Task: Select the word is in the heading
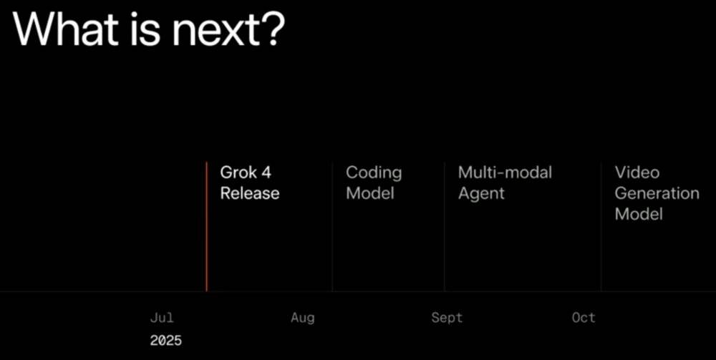[x=150, y=29]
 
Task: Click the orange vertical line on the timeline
[x=206, y=226]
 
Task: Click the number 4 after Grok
[x=266, y=172]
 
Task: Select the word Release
[x=250, y=193]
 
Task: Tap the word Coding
[x=374, y=173]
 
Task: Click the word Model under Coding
[x=370, y=193]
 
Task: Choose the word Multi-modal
[x=505, y=172]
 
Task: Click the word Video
[x=637, y=172]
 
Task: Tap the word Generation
[x=657, y=193]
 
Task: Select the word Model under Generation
[x=639, y=214]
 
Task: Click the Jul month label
[x=162, y=318]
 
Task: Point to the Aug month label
[x=303, y=318]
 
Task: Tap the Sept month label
[x=447, y=318]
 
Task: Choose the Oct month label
[x=584, y=318]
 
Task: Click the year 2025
[x=166, y=341]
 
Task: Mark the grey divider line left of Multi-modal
[x=445, y=226]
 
